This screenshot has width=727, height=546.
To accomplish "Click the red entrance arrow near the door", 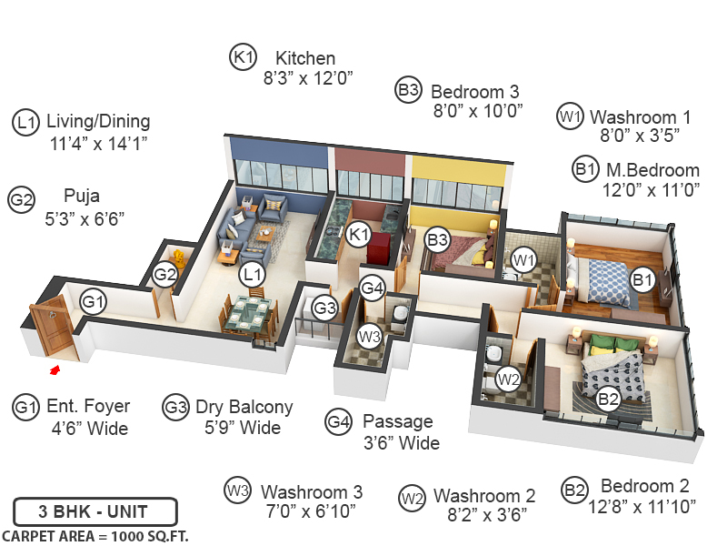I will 55,369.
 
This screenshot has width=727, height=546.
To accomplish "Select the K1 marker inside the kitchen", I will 358,235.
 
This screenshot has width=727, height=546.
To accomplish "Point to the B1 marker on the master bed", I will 642,280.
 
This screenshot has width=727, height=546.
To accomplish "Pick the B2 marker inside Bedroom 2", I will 608,397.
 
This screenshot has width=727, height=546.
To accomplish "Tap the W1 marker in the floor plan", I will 522,260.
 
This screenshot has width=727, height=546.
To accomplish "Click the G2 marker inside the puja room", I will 164,274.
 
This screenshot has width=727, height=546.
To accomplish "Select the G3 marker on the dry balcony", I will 325,308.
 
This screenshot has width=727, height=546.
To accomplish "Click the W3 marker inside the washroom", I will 368,335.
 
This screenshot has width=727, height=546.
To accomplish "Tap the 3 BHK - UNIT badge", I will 95,511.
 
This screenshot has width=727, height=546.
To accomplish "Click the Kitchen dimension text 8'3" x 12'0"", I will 307,79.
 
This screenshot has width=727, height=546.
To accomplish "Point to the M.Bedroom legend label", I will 652,170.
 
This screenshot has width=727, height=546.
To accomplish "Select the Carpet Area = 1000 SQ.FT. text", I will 95,535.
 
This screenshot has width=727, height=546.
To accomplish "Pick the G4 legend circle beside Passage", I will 338,422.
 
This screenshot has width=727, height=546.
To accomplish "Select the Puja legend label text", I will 82,195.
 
